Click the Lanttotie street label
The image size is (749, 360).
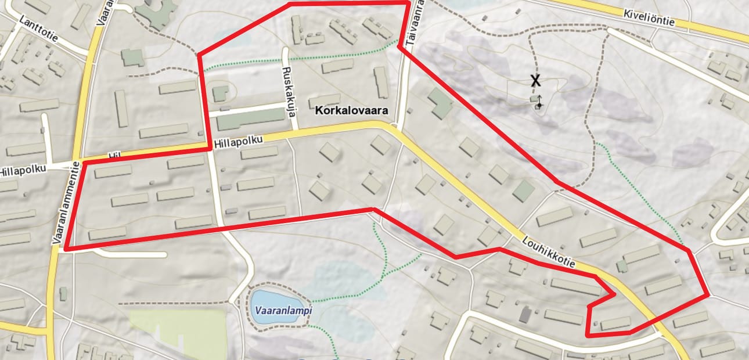click(x=39, y=29)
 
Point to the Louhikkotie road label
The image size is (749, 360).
click(x=548, y=252)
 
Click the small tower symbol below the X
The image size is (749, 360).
click(x=539, y=102)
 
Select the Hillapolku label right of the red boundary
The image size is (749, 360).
click(x=239, y=141)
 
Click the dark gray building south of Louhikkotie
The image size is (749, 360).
click(x=525, y=314)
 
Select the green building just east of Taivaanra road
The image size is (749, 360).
click(x=441, y=103)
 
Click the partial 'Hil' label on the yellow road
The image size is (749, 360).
click(x=114, y=156)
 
